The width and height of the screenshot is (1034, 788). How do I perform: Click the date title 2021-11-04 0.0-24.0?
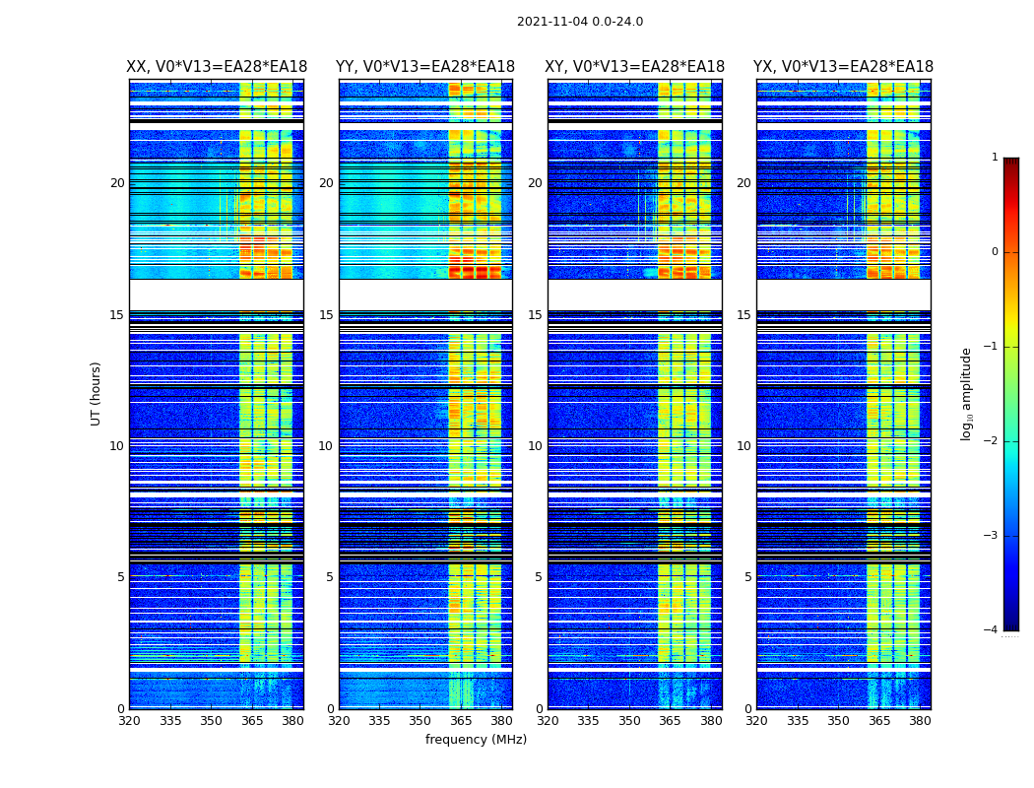(580, 22)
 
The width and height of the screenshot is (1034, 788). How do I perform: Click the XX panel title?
(217, 67)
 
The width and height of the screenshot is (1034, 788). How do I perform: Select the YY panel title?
(425, 67)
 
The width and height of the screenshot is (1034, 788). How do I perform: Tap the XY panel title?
(634, 67)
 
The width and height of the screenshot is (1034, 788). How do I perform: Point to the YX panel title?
(843, 67)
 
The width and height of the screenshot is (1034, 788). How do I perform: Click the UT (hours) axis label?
(97, 393)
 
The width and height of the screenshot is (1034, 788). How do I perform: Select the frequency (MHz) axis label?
(476, 740)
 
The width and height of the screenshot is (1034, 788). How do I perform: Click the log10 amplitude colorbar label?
(967, 393)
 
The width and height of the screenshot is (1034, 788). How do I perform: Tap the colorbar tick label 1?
(995, 158)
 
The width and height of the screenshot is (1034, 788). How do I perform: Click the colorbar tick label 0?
(995, 252)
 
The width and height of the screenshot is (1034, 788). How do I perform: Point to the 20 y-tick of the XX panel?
(117, 183)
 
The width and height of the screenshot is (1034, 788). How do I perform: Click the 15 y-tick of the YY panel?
(326, 315)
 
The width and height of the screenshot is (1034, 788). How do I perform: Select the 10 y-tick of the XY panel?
(535, 446)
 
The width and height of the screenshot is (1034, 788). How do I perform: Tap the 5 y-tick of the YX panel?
(747, 577)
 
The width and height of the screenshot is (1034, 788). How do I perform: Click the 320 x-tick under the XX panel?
(129, 721)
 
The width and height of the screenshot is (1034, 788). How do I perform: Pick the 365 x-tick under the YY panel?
(461, 721)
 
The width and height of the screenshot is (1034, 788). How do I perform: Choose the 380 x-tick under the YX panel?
(920, 721)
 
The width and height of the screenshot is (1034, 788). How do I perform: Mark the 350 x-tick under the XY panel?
(629, 721)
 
